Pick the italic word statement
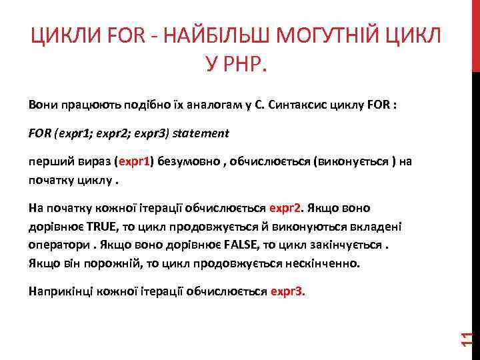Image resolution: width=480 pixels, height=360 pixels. [201, 133]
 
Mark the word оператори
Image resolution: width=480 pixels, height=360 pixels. [57, 245]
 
